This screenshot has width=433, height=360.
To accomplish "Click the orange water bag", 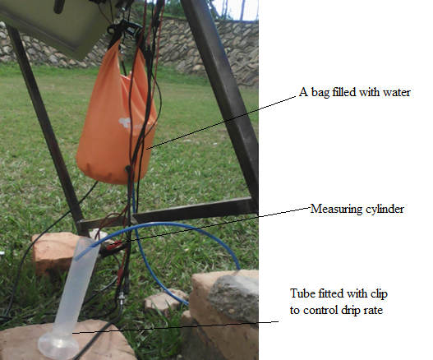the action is [116, 119].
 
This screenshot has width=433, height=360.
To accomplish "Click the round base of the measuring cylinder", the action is [58, 344].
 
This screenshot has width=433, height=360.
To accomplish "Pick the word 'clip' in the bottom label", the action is [379, 293].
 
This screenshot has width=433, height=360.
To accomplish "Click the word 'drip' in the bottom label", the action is [348, 311].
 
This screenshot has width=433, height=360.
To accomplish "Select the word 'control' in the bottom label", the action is [320, 310].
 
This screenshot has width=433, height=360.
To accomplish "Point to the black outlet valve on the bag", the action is [127, 168].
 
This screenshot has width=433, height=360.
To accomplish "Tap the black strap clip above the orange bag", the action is [124, 28].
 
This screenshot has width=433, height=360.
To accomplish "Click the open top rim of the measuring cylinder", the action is [87, 244].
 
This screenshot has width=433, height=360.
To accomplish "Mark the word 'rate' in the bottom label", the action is [372, 311].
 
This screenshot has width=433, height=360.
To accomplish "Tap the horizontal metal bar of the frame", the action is [193, 209].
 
